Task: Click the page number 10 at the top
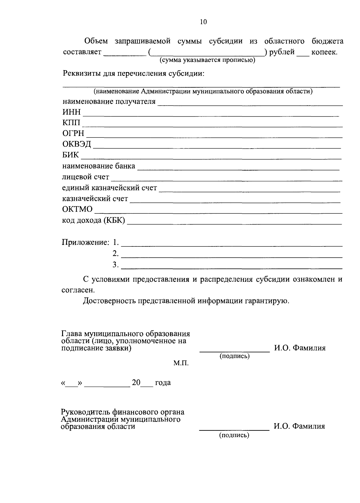pyautogui.click(x=203, y=22)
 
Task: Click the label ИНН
pyautogui.click(x=71, y=112)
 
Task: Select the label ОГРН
pyautogui.click(x=73, y=134)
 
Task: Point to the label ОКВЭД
pyautogui.click(x=76, y=144)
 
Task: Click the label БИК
pyautogui.click(x=70, y=155)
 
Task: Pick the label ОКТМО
pyautogui.click(x=77, y=209)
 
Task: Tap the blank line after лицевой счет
pyautogui.click(x=226, y=180)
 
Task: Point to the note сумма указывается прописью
pyautogui.click(x=207, y=60)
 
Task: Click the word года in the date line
pyautogui.click(x=163, y=383)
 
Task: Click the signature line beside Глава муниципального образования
pyautogui.click(x=235, y=351)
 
